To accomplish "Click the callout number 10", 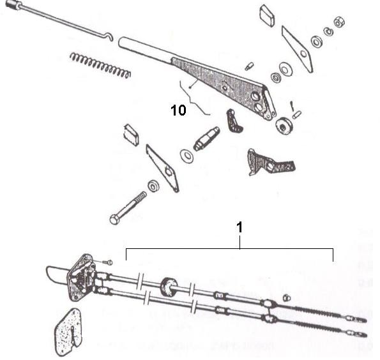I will pos(178,110).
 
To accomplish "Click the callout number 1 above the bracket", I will pos(240,226).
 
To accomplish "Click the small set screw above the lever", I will pos(251,65).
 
